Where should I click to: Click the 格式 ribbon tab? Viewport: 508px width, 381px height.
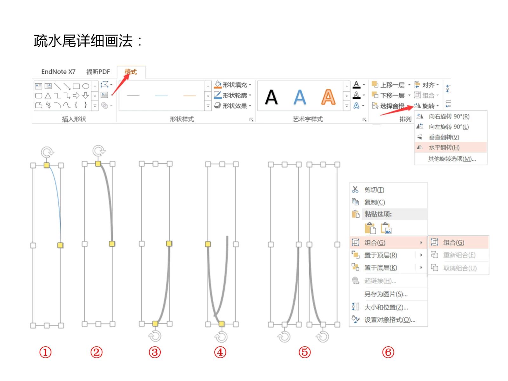[x=130, y=72]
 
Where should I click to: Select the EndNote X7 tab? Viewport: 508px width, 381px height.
[x=58, y=72]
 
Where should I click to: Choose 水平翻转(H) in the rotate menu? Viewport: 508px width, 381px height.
[x=444, y=147]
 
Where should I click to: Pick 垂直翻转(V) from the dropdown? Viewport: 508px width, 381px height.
[x=444, y=137]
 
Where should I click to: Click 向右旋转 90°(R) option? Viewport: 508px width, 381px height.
[x=449, y=116]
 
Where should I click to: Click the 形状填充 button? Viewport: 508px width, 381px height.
[x=233, y=85]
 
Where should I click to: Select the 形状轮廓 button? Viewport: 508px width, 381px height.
[x=233, y=95]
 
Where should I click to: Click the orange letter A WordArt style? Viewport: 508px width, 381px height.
[x=328, y=97]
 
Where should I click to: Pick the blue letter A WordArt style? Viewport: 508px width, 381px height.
[x=299, y=97]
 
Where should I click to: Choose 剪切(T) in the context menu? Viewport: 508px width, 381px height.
[x=374, y=190]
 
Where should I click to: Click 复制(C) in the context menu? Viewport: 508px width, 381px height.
[x=374, y=202]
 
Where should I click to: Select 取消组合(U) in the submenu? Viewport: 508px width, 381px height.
[x=459, y=268]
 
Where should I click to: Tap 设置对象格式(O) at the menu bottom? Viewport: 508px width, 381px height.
[x=390, y=320]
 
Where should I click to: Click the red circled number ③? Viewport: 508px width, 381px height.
[x=154, y=352]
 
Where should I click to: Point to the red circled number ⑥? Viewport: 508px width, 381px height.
[x=388, y=352]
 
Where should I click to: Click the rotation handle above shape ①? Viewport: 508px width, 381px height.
[x=47, y=152]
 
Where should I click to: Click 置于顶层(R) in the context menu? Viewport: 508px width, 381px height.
[x=380, y=255]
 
